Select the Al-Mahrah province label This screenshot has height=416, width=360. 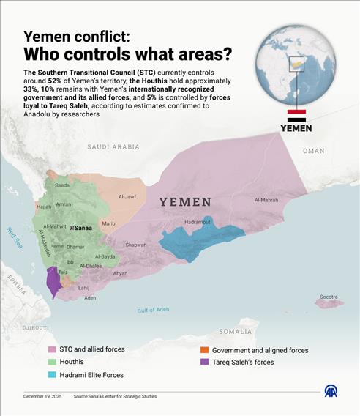267,200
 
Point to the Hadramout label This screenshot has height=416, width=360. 198,221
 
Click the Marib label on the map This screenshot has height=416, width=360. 108,223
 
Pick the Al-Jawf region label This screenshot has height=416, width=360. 128,196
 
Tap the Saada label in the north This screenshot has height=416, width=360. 62,185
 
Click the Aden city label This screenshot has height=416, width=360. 90,298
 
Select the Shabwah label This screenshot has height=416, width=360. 136,245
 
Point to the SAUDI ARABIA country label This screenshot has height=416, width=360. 113,147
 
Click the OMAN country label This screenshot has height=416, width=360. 313,151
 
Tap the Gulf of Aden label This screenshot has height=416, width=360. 153,310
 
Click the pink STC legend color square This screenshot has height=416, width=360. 52,350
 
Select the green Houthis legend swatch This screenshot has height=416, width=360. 52,362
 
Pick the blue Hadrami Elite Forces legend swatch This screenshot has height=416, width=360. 52,375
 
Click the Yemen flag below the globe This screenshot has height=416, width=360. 296,115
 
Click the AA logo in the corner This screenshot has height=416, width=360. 331,392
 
